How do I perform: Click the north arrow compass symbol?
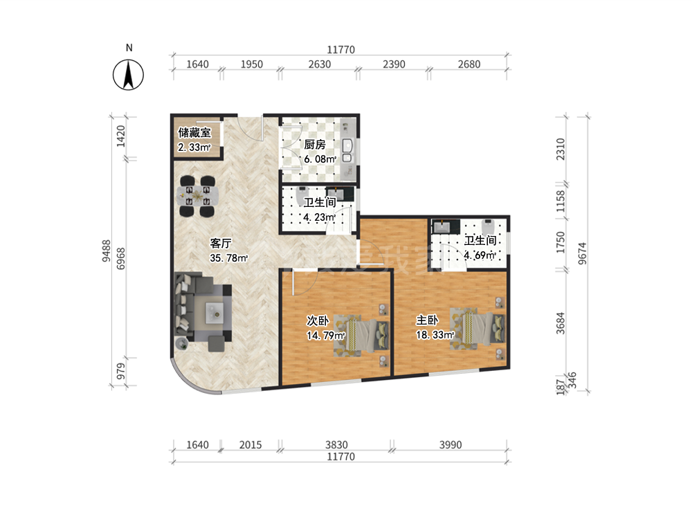(128, 75)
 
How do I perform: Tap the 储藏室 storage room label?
(194, 132)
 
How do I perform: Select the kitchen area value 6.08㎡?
(320, 159)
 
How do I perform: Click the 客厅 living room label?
(221, 243)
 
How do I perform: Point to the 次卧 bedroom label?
(318, 320)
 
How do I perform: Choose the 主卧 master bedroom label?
(427, 320)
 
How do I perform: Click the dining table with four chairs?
(197, 196)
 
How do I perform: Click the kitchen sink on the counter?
(347, 150)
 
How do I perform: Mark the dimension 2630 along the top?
(320, 64)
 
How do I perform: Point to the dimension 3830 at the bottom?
(337, 445)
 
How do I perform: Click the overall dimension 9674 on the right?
(583, 253)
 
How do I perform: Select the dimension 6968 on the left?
(120, 259)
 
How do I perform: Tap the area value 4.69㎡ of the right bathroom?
(480, 255)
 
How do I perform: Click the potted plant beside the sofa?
(181, 343)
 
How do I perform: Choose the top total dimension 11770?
(340, 50)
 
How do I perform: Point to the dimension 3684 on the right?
(561, 323)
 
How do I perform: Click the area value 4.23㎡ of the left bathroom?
(320, 217)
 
